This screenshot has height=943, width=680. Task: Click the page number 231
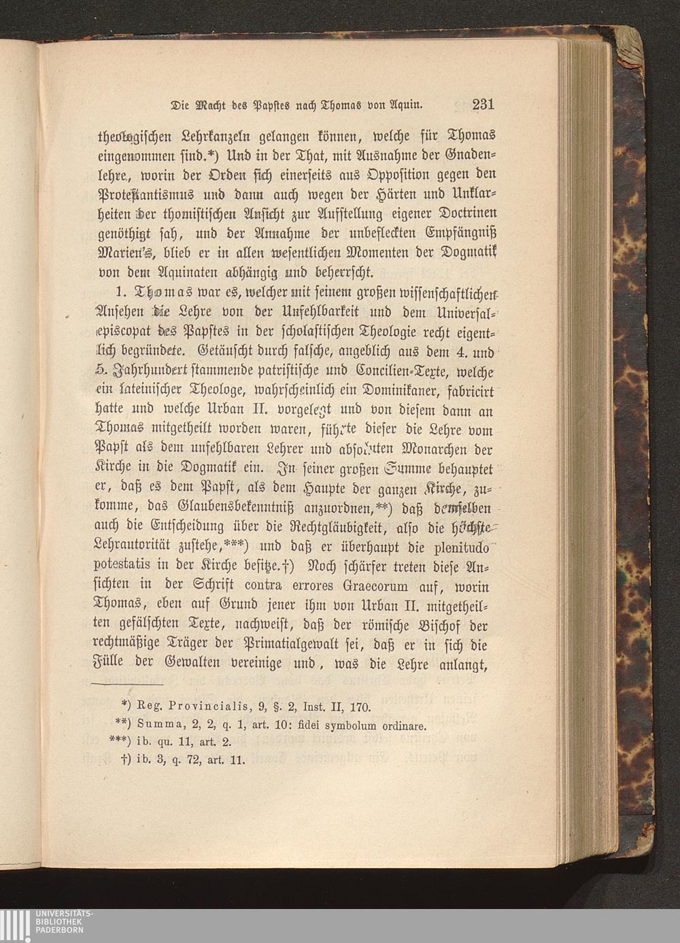tap(481, 104)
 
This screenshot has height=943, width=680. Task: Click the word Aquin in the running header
tap(407, 105)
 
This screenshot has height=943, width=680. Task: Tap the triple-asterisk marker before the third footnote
tap(119, 742)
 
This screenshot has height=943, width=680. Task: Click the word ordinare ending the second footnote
tap(403, 725)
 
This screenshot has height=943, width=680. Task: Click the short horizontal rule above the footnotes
tap(128, 683)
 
